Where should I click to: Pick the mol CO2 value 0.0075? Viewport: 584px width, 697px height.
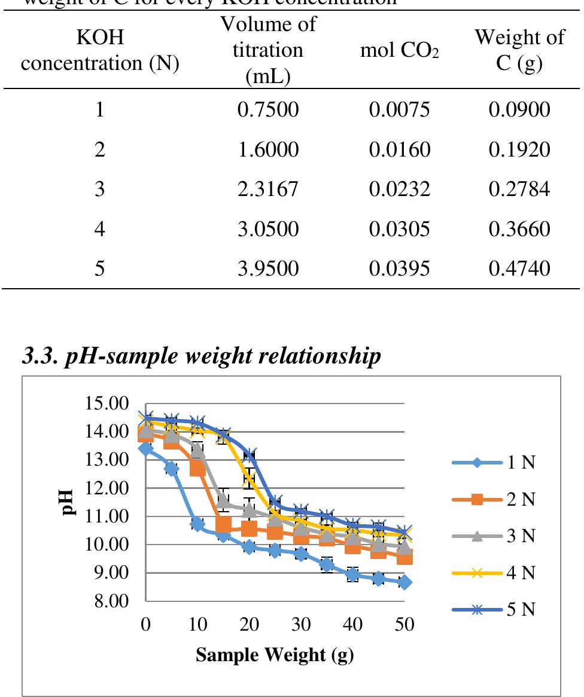(x=399, y=111)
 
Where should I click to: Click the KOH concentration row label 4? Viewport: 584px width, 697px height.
(x=99, y=229)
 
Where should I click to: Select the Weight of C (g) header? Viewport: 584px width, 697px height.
(x=519, y=51)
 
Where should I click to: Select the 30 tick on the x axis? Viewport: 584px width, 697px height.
(x=301, y=625)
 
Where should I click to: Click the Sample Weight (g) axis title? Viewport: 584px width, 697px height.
(x=275, y=655)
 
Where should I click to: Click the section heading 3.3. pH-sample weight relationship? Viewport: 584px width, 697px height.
(x=201, y=356)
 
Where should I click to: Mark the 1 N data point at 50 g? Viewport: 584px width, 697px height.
(x=404, y=582)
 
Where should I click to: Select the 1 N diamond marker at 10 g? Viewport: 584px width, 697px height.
(x=197, y=524)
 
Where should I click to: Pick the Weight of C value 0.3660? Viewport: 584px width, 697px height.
(x=519, y=229)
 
